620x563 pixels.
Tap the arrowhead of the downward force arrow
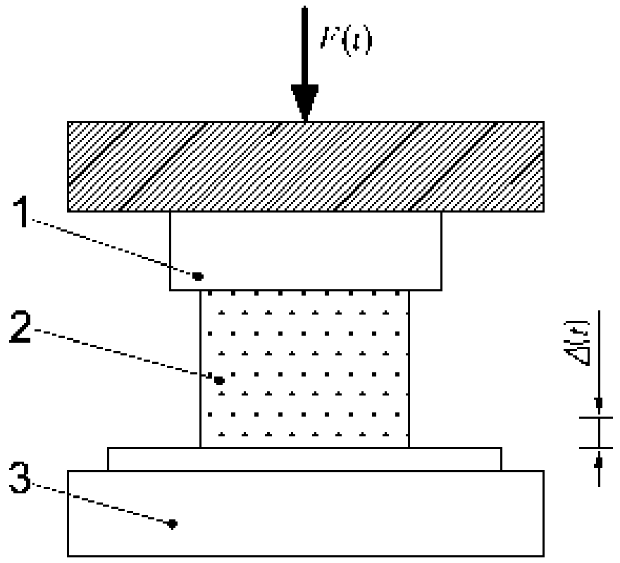(305, 102)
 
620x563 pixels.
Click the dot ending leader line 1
(198, 274)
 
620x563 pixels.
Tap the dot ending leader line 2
(219, 380)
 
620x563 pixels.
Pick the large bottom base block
(352, 514)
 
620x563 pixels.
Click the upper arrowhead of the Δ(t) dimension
(599, 403)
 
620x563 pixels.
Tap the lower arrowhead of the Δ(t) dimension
(599, 462)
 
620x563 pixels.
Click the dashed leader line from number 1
(113, 247)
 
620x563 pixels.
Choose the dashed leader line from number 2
(127, 355)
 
